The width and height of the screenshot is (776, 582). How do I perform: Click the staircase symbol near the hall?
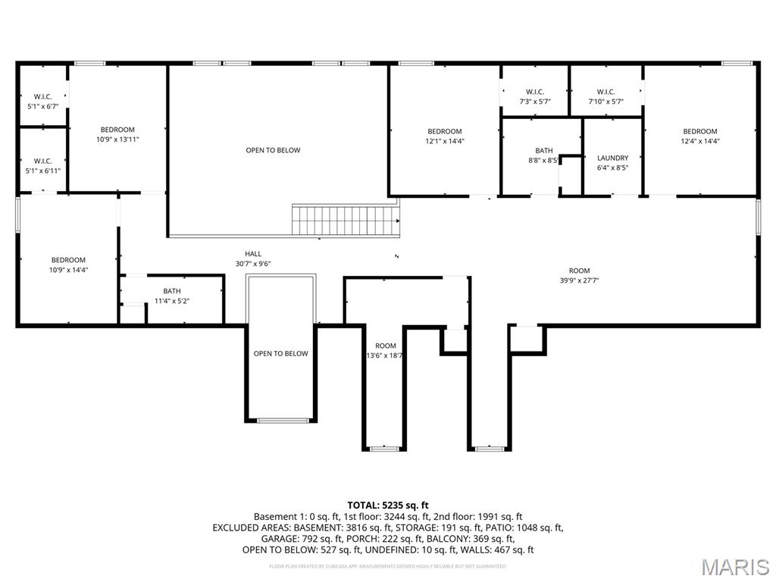tap(346, 220)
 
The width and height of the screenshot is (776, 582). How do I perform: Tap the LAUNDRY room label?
tap(612, 158)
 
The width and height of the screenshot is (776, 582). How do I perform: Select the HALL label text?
tap(253, 254)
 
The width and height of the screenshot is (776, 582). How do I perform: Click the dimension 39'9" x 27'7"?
tap(579, 280)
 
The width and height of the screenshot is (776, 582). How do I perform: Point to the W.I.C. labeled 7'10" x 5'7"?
tap(605, 96)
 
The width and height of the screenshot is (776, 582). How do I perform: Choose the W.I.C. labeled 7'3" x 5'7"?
tap(534, 96)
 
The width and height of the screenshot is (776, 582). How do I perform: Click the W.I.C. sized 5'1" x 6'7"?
tap(42, 102)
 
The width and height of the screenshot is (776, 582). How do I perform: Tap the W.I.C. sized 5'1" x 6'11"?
tap(42, 165)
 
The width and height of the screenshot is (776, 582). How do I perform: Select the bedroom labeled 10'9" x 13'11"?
tap(117, 134)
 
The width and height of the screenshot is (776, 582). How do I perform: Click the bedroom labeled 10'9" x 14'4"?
tap(68, 264)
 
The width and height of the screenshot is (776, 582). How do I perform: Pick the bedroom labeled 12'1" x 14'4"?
tap(444, 136)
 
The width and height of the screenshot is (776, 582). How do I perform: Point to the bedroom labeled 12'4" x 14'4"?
tap(699, 136)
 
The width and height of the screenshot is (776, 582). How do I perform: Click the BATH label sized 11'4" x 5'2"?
tap(172, 296)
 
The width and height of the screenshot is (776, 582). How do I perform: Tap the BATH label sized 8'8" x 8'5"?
tap(543, 155)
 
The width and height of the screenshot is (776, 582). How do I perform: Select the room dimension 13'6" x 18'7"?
tap(385, 355)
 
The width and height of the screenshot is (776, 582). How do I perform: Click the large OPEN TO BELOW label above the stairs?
tap(273, 150)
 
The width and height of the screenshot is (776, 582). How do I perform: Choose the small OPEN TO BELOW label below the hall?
tap(280, 353)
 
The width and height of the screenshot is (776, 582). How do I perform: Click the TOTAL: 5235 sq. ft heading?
tap(388, 505)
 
